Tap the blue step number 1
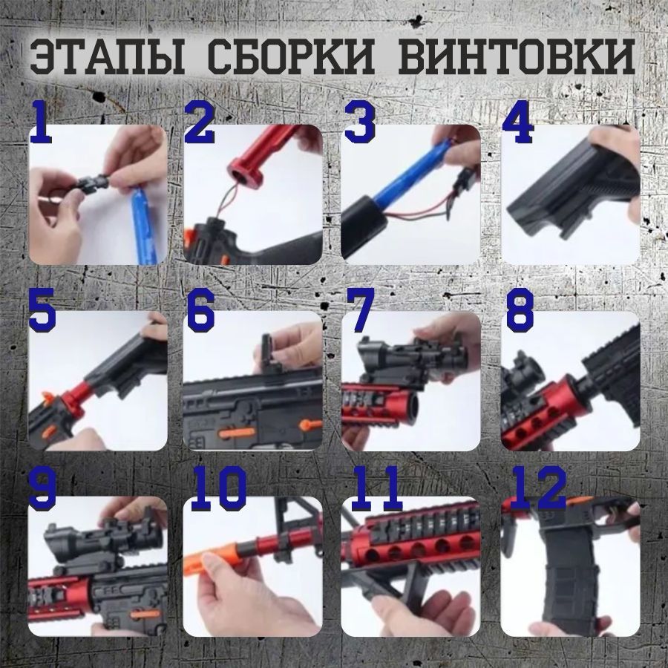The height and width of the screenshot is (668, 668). pos(42,123)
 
